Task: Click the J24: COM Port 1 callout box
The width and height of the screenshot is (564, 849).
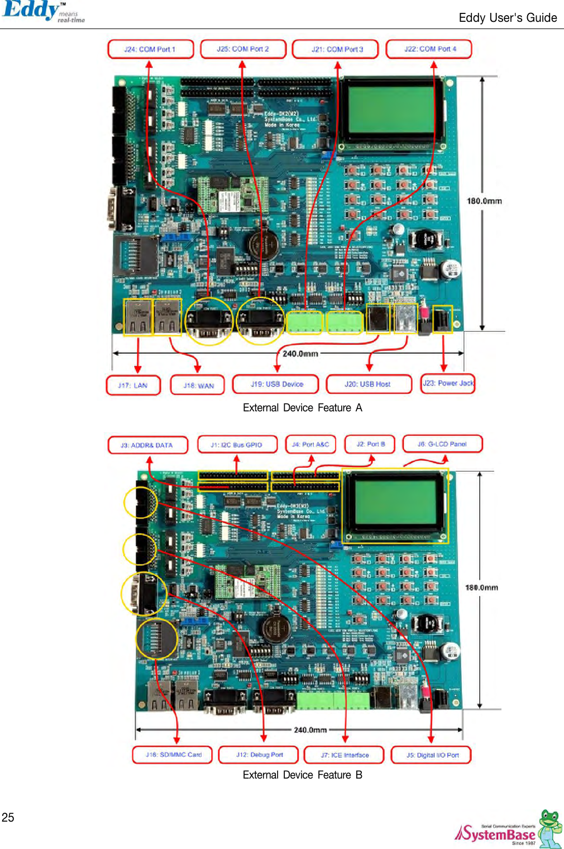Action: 150,49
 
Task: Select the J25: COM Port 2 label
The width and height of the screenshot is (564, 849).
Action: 243,49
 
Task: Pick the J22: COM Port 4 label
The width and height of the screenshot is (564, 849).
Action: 429,49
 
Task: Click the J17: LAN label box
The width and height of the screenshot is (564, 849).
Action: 133,385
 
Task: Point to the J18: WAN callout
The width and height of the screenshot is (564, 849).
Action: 198,385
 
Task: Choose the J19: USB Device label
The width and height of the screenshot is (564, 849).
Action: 276,384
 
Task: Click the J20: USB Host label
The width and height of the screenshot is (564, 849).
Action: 367,384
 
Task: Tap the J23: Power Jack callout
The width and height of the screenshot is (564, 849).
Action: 448,383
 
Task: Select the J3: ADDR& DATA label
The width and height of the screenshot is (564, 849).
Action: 147,445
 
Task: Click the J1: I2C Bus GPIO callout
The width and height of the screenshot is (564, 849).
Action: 237,444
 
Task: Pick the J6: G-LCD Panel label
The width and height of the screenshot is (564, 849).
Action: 442,444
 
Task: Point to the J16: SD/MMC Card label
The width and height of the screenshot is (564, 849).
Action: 173,755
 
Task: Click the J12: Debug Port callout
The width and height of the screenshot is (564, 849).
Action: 260,755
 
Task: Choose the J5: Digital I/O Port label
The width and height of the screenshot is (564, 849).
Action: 432,755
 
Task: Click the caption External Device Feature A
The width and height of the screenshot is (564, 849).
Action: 302,408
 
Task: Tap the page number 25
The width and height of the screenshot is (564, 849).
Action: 8,817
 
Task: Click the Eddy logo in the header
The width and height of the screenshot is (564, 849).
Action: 42,11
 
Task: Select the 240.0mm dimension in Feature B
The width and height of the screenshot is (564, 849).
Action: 310,730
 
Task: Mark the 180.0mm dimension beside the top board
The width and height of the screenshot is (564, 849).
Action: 484,201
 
